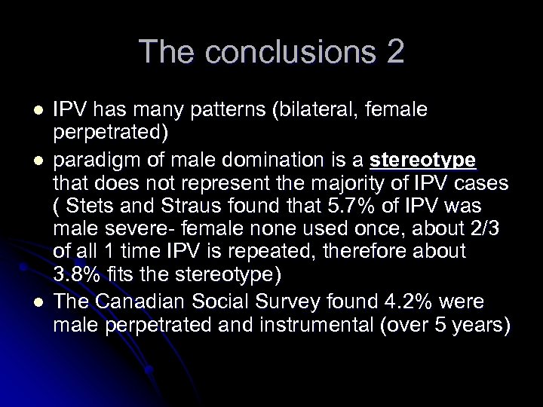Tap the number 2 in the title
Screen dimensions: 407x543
[x=394, y=52]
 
